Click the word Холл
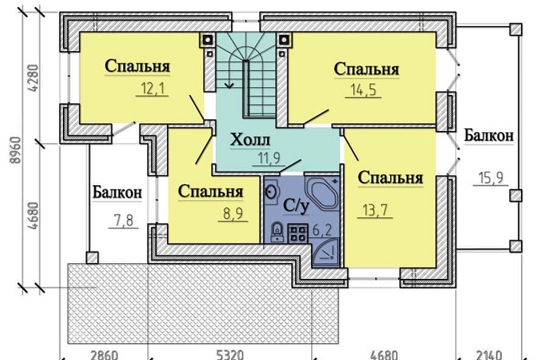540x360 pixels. pyautogui.click(x=251, y=140)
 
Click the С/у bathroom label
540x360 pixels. pyautogui.click(x=296, y=206)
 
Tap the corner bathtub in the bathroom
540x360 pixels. pyautogui.click(x=322, y=191)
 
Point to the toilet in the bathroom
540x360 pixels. pyautogui.click(x=277, y=230)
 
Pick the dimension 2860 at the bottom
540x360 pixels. pyautogui.click(x=105, y=355)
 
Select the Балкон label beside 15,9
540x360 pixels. pyautogui.click(x=488, y=135)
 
